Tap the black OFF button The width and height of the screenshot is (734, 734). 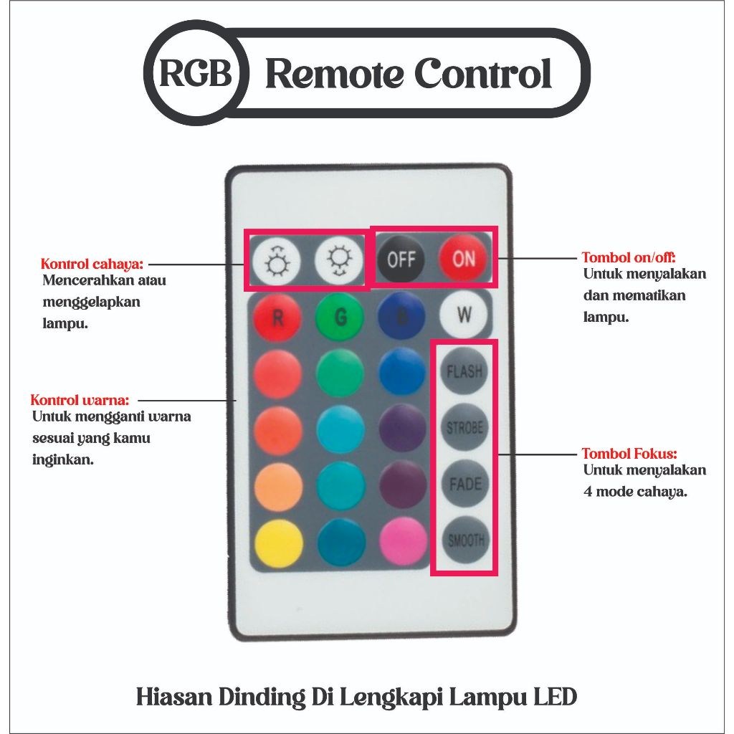coord(401,259)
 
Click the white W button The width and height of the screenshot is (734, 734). coord(464,315)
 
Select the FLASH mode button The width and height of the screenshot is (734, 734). coord(464,371)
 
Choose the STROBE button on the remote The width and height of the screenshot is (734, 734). coord(464,427)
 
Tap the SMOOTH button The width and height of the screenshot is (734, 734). coord(466,540)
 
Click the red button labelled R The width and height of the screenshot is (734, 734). coord(277,318)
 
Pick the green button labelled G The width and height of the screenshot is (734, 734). coord(340,317)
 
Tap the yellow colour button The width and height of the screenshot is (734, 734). coord(279,543)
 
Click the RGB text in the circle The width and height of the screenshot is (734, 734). coord(196,73)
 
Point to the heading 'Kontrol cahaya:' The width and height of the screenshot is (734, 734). coord(92,264)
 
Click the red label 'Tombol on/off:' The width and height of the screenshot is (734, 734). coord(629,257)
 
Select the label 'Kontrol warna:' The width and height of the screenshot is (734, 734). coord(80,400)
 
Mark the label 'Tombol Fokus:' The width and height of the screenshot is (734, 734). coord(629,453)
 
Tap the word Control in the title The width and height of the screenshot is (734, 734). coord(482,74)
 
